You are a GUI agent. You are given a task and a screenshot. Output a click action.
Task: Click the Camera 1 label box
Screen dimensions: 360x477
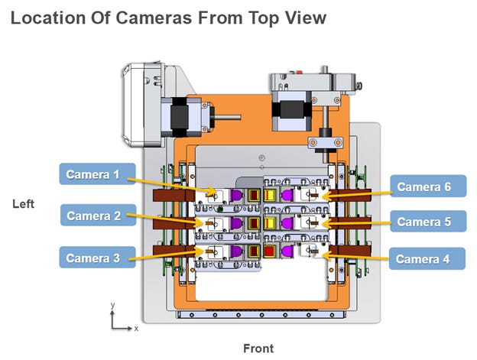tap(97, 174)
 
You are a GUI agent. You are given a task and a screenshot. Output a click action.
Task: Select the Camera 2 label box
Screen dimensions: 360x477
tap(97, 216)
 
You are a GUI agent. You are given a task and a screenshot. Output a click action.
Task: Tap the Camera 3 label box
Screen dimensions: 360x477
tap(97, 257)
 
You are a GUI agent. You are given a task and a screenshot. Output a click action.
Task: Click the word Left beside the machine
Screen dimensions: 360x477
tap(24, 204)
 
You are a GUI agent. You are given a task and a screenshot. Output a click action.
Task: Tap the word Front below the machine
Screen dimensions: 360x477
tap(258, 349)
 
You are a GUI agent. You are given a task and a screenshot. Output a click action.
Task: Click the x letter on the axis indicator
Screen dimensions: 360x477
tap(135, 328)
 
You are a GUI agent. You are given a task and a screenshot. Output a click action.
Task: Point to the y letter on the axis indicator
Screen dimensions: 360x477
tap(112, 304)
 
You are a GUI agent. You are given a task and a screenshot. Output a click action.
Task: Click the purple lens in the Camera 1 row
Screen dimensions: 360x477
tap(237, 196)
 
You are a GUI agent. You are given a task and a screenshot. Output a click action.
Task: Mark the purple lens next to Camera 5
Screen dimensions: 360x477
tap(287, 222)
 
